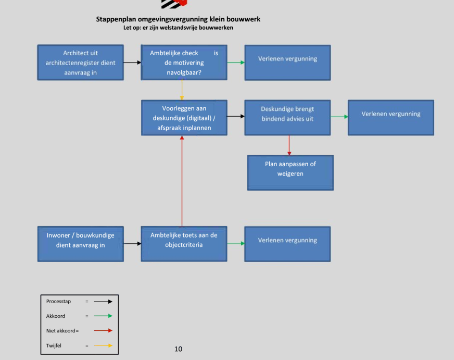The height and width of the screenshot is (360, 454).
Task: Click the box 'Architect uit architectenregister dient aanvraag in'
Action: click(x=81, y=63)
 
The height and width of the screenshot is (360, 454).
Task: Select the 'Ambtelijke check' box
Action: click(x=184, y=63)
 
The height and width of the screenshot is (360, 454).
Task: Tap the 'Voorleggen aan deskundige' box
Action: click(x=184, y=118)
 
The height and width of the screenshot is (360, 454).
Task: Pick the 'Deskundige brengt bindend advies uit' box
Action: click(x=287, y=118)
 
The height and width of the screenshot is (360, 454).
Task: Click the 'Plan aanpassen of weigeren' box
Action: click(x=291, y=173)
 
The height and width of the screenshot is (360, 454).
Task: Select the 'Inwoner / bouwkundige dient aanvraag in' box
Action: click(x=81, y=244)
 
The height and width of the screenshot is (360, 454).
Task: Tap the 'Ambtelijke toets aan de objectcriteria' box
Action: click(x=184, y=244)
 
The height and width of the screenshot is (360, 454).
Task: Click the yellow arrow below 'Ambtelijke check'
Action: click(x=182, y=90)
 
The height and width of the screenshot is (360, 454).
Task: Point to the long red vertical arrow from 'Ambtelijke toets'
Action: click(x=182, y=181)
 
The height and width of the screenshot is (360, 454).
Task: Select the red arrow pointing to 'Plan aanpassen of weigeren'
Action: click(x=289, y=145)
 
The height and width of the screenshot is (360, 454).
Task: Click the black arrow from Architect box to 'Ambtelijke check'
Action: click(x=132, y=63)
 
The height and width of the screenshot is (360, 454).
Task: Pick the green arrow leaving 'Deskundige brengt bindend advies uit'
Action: click(x=339, y=117)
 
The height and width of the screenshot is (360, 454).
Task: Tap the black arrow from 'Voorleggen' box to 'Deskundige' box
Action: click(x=236, y=116)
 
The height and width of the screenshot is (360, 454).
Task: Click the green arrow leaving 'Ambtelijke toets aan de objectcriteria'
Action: click(x=236, y=243)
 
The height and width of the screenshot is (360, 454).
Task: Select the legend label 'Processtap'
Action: click(x=58, y=302)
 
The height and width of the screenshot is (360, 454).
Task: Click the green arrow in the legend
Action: click(x=103, y=316)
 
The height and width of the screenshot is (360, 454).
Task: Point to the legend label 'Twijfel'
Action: click(x=54, y=345)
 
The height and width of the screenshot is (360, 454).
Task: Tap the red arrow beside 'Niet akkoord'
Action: click(x=103, y=330)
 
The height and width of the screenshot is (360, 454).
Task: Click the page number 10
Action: click(x=179, y=349)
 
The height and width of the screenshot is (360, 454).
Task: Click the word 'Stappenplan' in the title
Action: click(x=116, y=19)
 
